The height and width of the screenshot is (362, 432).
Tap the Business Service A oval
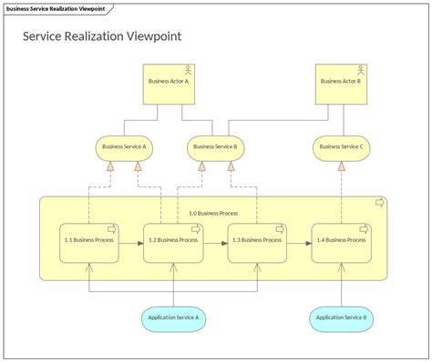125,146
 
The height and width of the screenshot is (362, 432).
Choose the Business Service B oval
216,146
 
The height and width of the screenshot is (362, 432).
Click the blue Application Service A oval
173,317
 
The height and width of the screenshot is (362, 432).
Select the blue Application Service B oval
341,317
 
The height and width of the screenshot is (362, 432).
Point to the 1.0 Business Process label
212,213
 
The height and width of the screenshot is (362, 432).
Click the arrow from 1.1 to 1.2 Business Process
131,243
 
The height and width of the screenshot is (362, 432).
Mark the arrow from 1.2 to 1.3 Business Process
215,243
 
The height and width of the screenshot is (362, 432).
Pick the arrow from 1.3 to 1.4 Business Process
298,243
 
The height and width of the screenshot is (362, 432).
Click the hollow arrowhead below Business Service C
341,167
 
